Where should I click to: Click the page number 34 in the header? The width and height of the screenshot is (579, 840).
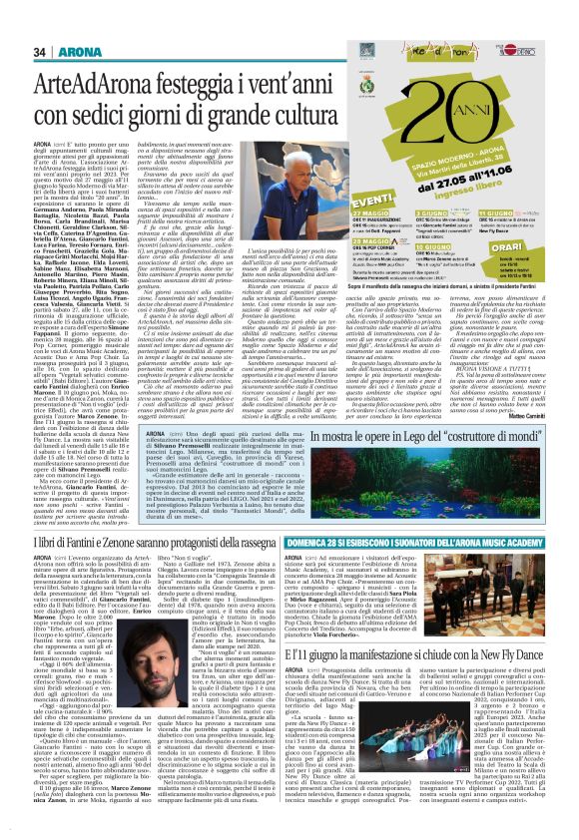tap(40, 52)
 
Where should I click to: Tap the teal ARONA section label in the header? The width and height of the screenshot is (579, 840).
tap(75, 52)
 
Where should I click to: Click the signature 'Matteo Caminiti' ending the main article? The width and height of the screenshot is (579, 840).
tap(546, 380)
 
